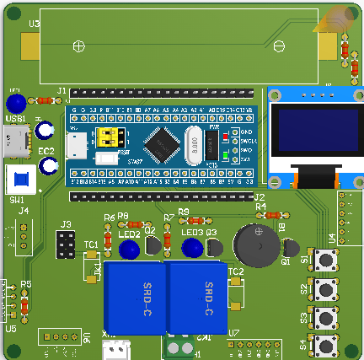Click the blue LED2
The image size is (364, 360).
(129, 250)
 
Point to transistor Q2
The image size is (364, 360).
(152, 245)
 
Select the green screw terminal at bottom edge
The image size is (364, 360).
(178, 347)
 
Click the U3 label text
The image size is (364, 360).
(34, 24)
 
